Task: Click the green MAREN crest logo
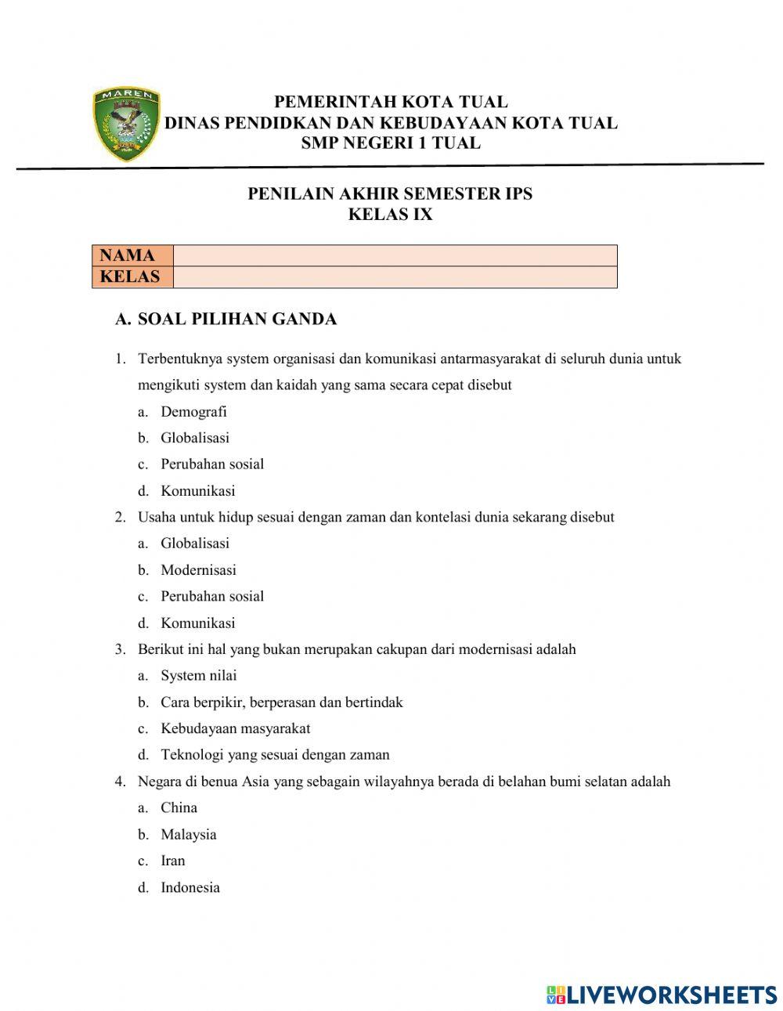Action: (126, 125)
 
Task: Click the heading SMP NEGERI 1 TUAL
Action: (390, 143)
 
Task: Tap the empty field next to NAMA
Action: (395, 255)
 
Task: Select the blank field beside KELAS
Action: (395, 277)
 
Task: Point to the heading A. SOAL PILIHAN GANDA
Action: (226, 320)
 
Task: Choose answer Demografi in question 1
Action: (193, 412)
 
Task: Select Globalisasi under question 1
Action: (195, 439)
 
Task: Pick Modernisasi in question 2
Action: (198, 570)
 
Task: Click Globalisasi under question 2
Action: (195, 543)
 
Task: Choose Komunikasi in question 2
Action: (197, 623)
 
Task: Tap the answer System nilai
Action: (198, 676)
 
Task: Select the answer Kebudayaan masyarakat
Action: (235, 729)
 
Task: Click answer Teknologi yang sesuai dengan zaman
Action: (275, 756)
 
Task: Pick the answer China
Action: (179, 808)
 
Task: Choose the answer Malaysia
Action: (188, 835)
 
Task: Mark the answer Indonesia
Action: (190, 888)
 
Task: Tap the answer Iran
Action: (173, 861)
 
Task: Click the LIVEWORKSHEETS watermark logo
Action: (662, 995)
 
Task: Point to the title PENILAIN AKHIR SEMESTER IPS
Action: (390, 194)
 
